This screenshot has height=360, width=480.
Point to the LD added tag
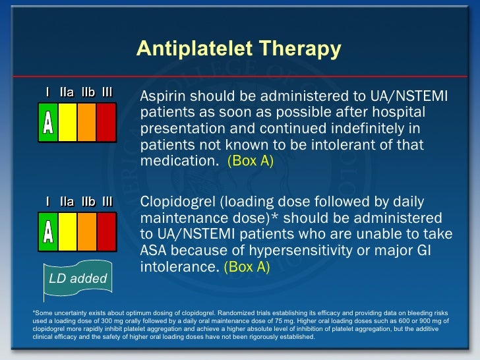tap(78, 279)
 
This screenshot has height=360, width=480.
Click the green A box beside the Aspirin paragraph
tap(48, 123)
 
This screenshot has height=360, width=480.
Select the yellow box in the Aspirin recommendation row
tap(67, 123)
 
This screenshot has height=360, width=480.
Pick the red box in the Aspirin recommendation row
tap(106, 123)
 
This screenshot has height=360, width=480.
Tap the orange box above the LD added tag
tap(87, 231)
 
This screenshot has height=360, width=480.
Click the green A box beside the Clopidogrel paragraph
tap(48, 231)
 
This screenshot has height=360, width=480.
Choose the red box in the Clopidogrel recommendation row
tap(106, 231)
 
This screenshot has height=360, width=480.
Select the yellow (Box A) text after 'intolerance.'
tap(247, 268)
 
